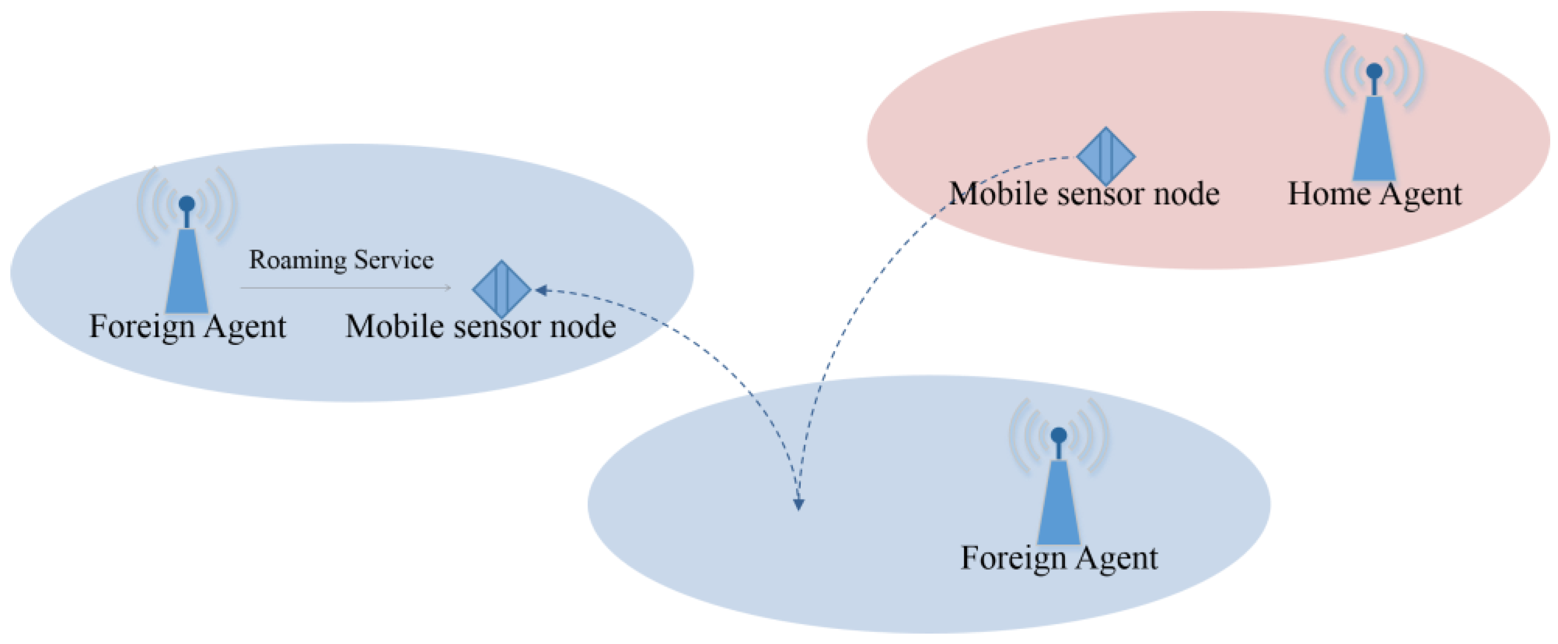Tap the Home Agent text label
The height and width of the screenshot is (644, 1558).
pyautogui.click(x=1374, y=194)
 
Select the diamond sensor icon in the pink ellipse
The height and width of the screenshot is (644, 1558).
pyautogui.click(x=1106, y=156)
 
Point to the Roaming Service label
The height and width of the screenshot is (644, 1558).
pyautogui.click(x=341, y=260)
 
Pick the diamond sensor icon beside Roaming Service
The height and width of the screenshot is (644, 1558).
pyautogui.click(x=501, y=289)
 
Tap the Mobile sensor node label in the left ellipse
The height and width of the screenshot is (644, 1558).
pyautogui.click(x=480, y=327)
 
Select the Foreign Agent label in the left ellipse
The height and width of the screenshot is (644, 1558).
pyautogui.click(x=187, y=327)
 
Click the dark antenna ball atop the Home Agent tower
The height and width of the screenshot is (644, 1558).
pyautogui.click(x=1374, y=72)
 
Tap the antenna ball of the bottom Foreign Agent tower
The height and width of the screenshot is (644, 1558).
pyautogui.click(x=1058, y=435)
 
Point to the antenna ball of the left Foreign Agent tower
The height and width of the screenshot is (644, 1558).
pyautogui.click(x=187, y=203)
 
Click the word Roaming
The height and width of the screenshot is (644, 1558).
pyautogui.click(x=298, y=260)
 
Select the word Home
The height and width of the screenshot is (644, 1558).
pyautogui.click(x=1328, y=194)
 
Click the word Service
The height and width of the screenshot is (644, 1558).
pyautogui.click(x=394, y=260)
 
